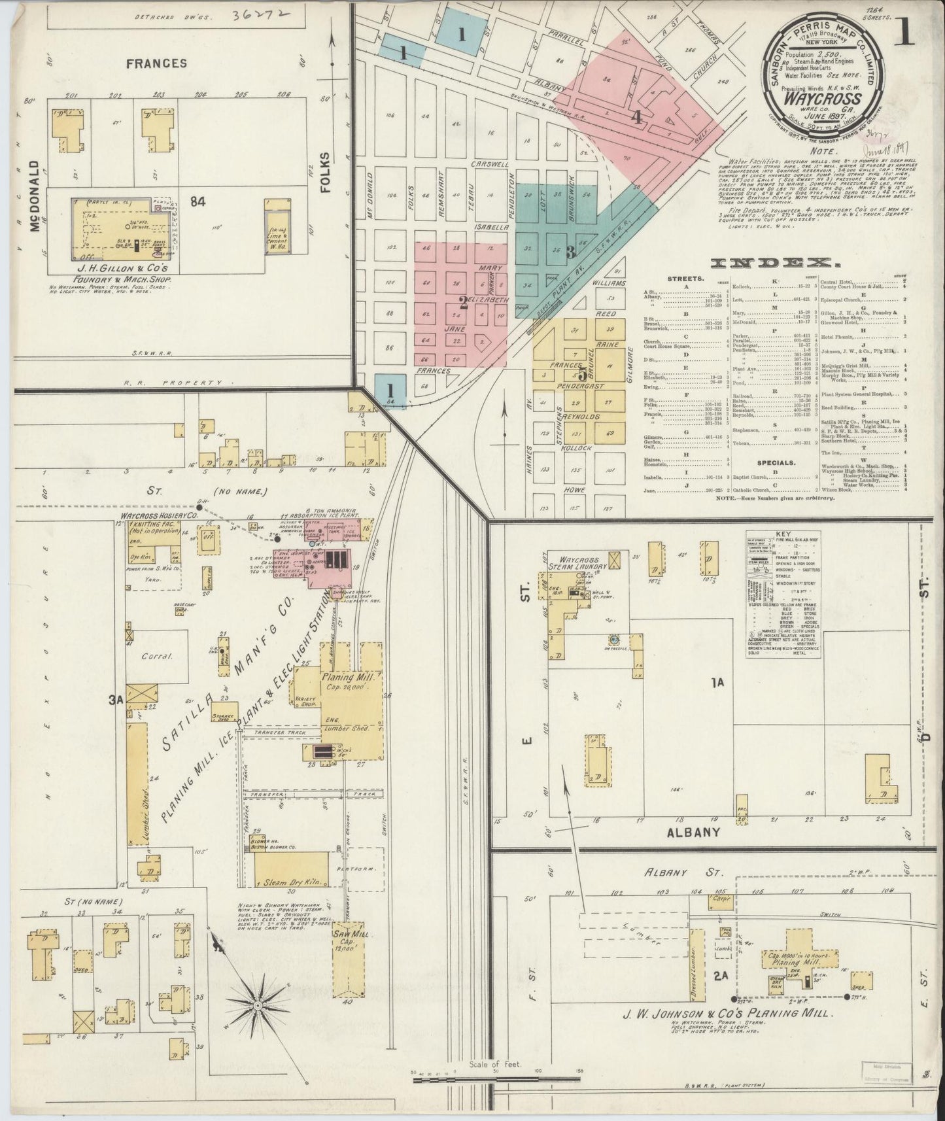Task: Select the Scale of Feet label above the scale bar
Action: (x=494, y=1065)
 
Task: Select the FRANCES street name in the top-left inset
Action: (x=156, y=63)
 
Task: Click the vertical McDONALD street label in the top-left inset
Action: (x=34, y=196)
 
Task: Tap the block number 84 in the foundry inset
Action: (x=198, y=202)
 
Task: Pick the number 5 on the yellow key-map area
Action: (x=581, y=375)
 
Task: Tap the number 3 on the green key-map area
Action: (x=570, y=251)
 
